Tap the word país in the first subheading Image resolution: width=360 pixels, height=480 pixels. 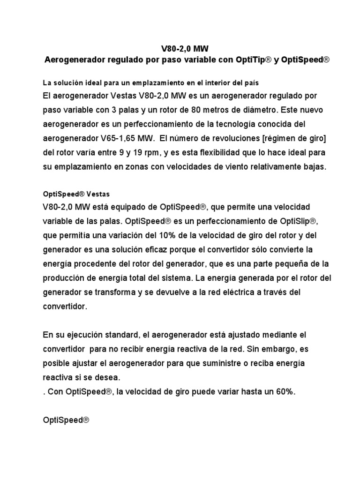pyautogui.click(x=250, y=83)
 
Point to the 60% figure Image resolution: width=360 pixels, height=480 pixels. pyautogui.click(x=285, y=393)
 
